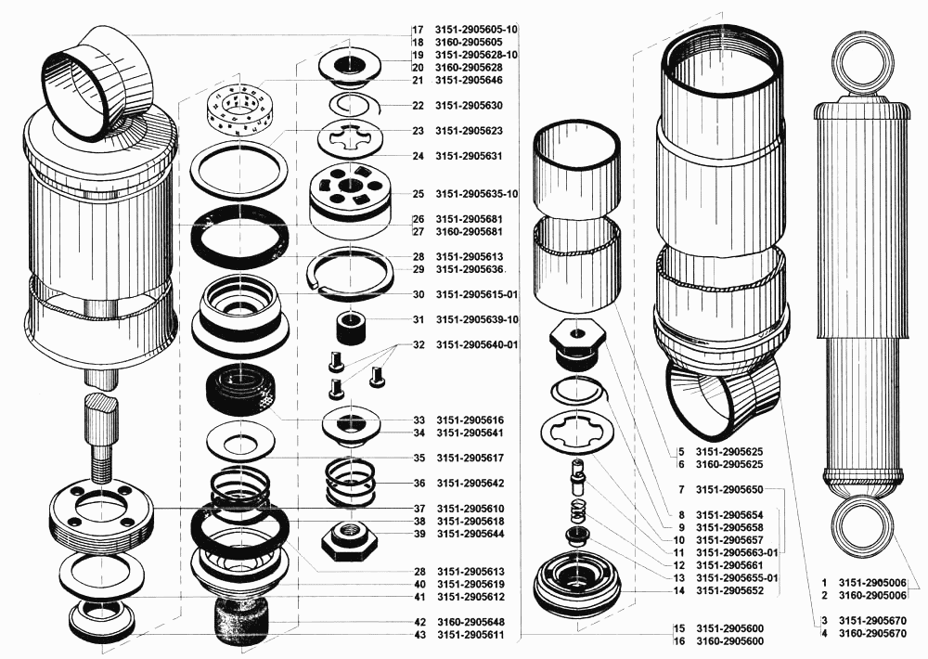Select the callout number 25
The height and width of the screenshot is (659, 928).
(419, 194)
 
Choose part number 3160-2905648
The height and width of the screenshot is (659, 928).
(471, 622)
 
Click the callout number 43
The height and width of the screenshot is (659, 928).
(420, 635)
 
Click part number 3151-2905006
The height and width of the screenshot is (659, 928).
(872, 583)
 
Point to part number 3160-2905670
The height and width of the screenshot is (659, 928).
(872, 634)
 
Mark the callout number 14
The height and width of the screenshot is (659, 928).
(679, 591)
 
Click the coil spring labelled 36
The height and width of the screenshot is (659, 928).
(351, 483)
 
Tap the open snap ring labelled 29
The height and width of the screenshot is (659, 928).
(351, 270)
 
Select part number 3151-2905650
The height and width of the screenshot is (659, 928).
(729, 490)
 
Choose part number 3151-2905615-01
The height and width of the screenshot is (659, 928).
(477, 295)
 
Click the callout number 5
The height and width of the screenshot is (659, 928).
(681, 452)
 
